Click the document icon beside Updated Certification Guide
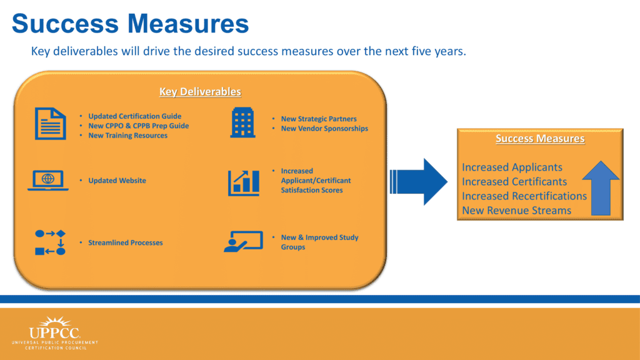(x=50, y=124)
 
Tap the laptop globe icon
(x=48, y=181)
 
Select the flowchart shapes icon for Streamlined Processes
(x=50, y=242)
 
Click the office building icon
(x=243, y=122)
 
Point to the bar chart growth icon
(x=243, y=183)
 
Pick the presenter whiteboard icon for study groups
(x=243, y=242)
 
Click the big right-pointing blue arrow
(x=419, y=182)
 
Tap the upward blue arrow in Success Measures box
(x=601, y=188)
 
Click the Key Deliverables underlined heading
(x=200, y=91)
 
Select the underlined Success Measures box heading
(x=540, y=138)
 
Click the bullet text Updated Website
(x=117, y=181)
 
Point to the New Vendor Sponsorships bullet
(x=324, y=129)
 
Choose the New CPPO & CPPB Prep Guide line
(x=138, y=126)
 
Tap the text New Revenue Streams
(x=516, y=211)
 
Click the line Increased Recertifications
(x=524, y=196)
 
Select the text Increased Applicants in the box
(x=512, y=167)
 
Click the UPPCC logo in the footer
(x=55, y=332)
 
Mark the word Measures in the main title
(x=188, y=23)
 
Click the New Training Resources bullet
(x=127, y=136)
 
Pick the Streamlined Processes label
(x=125, y=243)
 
